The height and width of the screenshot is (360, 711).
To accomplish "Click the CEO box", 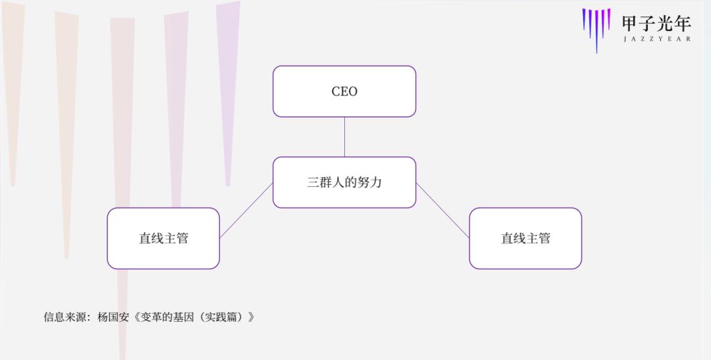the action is click(x=344, y=91).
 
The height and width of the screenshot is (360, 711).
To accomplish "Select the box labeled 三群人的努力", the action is click(x=344, y=182).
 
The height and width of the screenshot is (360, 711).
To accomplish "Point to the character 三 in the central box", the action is click(x=313, y=182).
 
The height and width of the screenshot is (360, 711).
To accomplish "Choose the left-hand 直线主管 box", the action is click(x=163, y=238).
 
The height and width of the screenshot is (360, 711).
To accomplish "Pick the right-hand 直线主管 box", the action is click(x=525, y=238).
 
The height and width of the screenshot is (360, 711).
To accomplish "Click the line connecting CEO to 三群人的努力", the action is click(x=344, y=137).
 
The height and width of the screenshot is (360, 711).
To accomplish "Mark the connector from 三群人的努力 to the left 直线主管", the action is click(x=246, y=211).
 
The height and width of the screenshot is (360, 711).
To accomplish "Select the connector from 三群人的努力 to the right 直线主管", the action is click(x=442, y=211).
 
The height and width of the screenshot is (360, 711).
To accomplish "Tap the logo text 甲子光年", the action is click(x=656, y=23).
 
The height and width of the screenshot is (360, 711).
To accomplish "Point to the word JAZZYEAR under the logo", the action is click(x=657, y=39).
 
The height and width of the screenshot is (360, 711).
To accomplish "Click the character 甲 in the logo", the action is click(x=630, y=23).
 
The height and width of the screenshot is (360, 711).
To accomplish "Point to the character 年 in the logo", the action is click(x=683, y=23).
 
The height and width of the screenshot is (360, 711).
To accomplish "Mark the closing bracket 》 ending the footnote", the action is click(x=251, y=317).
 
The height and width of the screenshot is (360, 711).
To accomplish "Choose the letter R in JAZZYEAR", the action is click(x=689, y=39).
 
